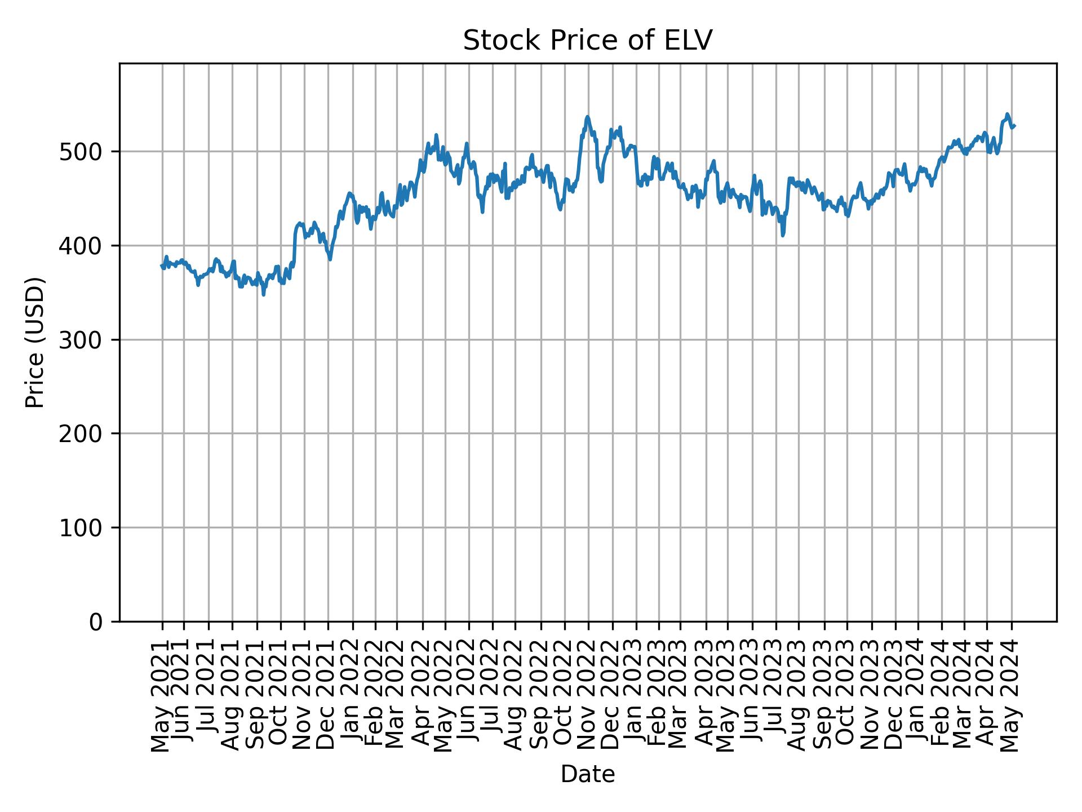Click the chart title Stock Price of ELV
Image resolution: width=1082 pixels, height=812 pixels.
click(x=588, y=41)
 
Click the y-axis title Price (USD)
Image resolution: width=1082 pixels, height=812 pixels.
click(x=35, y=342)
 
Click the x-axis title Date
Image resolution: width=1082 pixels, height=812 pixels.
click(x=588, y=774)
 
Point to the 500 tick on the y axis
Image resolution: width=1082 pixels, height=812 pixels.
click(x=83, y=152)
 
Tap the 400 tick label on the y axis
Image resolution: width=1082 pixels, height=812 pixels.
click(x=83, y=246)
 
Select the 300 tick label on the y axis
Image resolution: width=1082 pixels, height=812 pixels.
click(x=83, y=340)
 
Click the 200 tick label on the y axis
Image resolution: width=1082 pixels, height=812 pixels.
click(x=83, y=434)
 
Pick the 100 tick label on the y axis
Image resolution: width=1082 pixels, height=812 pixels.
click(x=83, y=528)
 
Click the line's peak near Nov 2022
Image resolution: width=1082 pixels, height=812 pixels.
click(x=587, y=117)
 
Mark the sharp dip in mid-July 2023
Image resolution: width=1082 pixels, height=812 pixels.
click(x=783, y=235)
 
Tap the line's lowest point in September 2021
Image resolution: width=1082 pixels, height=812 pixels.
click(x=264, y=294)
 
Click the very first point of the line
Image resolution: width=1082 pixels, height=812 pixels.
click(x=162, y=266)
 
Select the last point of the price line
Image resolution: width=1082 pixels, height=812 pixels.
click(x=1014, y=126)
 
